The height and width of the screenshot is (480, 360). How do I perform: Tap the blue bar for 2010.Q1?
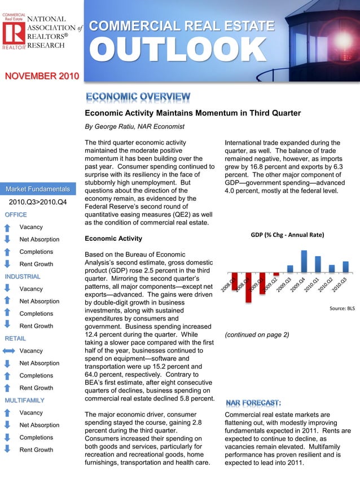(318, 265)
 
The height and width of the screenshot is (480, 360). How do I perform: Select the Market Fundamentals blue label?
(38, 188)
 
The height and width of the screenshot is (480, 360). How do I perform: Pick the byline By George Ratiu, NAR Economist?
(131, 126)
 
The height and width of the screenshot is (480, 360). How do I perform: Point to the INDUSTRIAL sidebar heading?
(22, 276)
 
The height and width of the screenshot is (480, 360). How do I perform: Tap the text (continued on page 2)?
(257, 334)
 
